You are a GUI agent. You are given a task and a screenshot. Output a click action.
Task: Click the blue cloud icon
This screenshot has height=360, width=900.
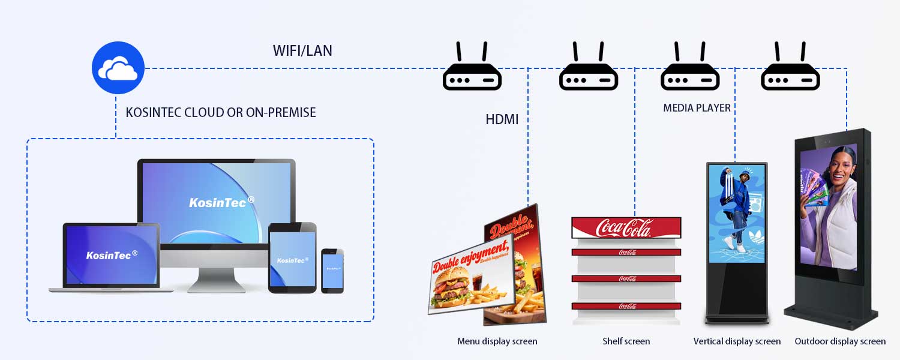[x=118, y=68]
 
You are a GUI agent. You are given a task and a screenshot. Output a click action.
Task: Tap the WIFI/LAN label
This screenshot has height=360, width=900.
[x=302, y=50]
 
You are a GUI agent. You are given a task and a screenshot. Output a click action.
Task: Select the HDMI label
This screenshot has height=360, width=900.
[x=502, y=119]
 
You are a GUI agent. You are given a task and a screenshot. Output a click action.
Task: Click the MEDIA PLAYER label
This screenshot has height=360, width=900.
[x=697, y=108]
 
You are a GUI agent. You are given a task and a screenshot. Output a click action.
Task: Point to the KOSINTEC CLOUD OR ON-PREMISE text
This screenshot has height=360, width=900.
[x=220, y=112]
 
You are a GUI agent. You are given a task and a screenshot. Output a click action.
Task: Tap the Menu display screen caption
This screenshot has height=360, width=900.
[x=497, y=341]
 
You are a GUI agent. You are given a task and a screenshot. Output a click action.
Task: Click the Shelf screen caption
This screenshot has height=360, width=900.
[x=626, y=341]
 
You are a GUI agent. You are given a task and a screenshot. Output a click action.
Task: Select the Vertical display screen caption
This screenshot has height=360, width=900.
[x=737, y=341]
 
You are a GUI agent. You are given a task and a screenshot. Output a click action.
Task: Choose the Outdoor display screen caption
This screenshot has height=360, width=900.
[x=840, y=341]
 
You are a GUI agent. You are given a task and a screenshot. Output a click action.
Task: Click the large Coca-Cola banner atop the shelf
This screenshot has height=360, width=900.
[x=626, y=228]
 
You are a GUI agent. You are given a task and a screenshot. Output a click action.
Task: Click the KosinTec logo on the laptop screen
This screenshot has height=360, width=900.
[x=112, y=255]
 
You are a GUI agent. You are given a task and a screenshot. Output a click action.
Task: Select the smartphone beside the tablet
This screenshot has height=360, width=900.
[x=332, y=271]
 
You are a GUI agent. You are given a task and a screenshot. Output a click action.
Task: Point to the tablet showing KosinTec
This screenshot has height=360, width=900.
[x=292, y=259]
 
